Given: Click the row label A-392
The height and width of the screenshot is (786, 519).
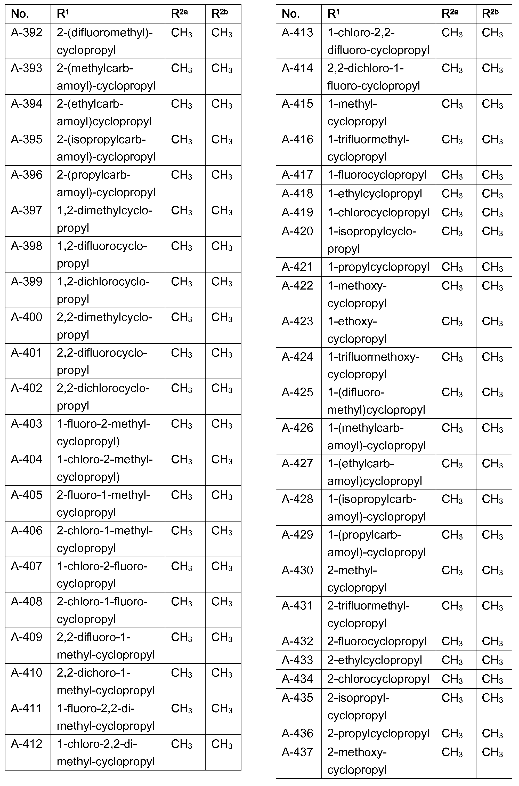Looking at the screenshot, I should point(27,33).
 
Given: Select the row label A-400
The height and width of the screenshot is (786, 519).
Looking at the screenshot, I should point(27,317).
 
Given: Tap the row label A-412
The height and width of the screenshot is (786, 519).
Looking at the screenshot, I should point(27,744).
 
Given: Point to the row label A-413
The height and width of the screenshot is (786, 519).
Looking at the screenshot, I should point(297,33).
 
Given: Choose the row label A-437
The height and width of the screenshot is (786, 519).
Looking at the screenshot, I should point(297,752).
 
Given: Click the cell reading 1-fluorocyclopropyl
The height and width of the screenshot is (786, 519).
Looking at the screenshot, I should point(377,175).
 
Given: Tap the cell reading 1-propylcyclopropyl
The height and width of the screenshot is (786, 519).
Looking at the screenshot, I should point(378,267).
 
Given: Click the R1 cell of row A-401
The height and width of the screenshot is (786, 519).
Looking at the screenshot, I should point(102,361).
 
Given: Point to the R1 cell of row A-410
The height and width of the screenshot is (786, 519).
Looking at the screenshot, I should point(106,681).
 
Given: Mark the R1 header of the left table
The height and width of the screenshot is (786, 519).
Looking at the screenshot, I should point(63,14).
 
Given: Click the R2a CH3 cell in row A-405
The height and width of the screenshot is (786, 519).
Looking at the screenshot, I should point(181,495).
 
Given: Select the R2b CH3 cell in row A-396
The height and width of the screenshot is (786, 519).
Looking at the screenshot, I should point(222,175).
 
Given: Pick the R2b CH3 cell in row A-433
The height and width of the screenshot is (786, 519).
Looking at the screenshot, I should point(492,660).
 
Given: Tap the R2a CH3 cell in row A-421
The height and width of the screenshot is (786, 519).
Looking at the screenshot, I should point(452,267).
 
